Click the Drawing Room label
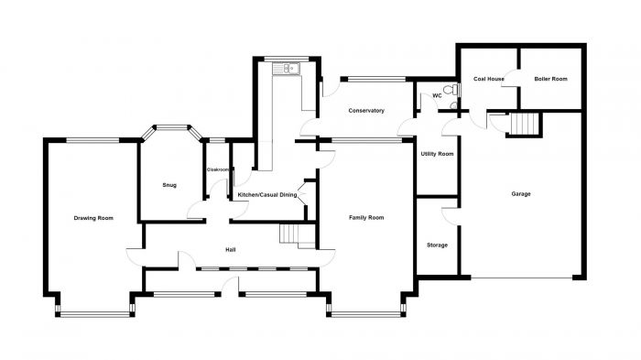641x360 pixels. pos(93,218)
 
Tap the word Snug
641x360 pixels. pos(169,185)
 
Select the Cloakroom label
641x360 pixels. pos(218,169)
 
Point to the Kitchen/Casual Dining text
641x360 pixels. pos(267,195)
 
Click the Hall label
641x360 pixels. pos(231,249)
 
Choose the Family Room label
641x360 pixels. pos(366,218)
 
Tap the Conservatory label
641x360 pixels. pos(366,111)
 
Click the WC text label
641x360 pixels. pos(437,96)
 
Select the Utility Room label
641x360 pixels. pos(437,154)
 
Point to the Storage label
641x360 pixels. pos(437,245)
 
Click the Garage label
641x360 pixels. pos(521,194)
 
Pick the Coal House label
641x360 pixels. pos(488,79)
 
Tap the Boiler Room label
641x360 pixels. pos(550,79)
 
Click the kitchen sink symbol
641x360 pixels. pos(286,69)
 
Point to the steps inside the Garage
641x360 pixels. pos(525,124)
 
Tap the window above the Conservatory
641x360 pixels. pos(376,79)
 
